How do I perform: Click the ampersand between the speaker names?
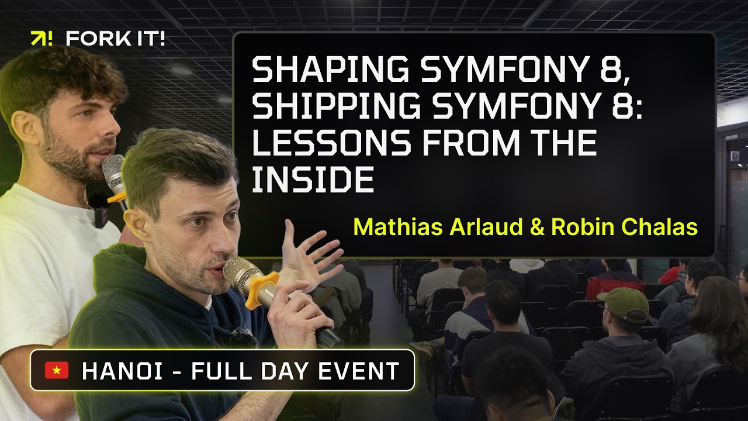tap(535, 226)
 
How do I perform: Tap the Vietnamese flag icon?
tap(57, 370)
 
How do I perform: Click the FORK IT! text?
tap(115, 39)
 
